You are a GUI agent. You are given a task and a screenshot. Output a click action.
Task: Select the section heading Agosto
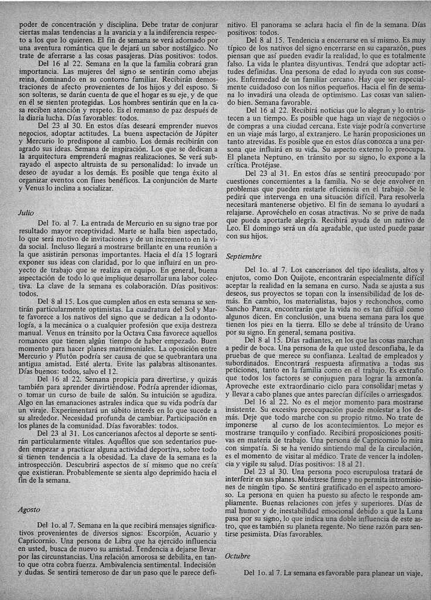tap(29, 510)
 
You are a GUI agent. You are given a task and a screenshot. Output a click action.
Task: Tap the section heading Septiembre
tap(243, 256)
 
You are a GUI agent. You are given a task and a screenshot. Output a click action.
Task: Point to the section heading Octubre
tap(238, 555)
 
